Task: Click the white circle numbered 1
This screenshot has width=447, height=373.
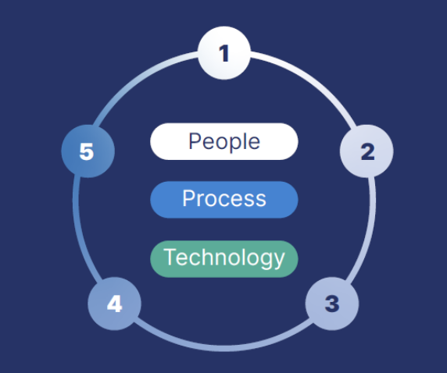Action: [x=224, y=54]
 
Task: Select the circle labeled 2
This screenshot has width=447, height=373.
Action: [x=367, y=151]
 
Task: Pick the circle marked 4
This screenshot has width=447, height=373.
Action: [x=114, y=303]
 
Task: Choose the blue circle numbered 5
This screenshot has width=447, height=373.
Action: [x=88, y=151]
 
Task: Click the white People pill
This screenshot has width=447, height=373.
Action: [x=224, y=141]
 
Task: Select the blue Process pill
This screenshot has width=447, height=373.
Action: [x=224, y=199]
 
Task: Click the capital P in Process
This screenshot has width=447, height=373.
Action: [x=189, y=199]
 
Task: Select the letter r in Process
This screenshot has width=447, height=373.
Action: [x=201, y=201]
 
